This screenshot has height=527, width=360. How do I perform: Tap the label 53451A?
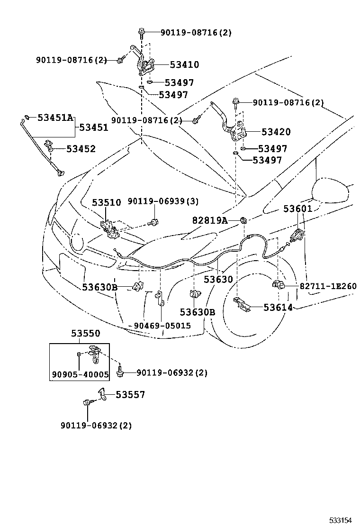55,118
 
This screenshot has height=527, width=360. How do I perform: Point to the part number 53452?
81,149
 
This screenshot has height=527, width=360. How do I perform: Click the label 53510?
106,202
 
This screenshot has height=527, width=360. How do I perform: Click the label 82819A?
210,220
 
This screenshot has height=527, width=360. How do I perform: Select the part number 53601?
298,209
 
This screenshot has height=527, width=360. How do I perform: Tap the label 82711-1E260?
328,286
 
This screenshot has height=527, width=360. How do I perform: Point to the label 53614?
278,308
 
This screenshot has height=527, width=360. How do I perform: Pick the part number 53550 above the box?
86,334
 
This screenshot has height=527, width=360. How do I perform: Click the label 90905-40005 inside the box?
80,374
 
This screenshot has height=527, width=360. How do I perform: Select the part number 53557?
130,395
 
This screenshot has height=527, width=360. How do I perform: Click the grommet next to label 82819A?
243,220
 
